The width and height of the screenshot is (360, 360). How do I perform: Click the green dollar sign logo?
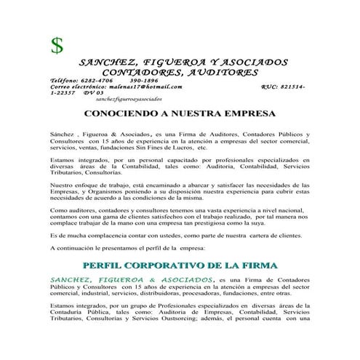pos(56,45)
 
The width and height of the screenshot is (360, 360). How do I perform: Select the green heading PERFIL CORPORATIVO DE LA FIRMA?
pos(180,265)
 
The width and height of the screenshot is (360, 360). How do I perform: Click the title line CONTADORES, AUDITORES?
pos(180,73)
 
